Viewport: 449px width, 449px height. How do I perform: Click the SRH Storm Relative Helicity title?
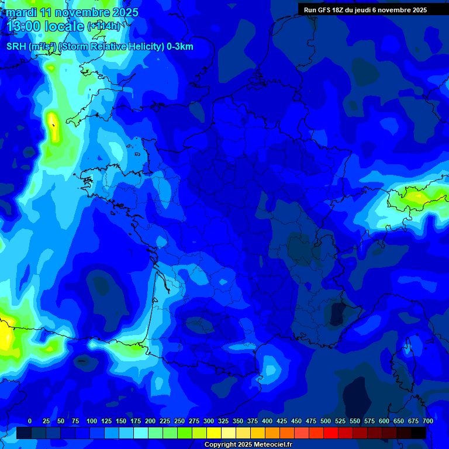pos(99,47)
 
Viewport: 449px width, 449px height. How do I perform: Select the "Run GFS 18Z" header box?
pos(365,9)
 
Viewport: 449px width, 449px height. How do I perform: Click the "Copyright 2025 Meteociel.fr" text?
pos(248,445)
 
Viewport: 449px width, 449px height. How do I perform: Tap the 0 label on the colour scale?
pos(29,421)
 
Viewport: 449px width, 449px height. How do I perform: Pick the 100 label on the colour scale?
pos(92,421)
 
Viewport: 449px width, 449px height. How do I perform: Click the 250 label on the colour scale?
pos(179,421)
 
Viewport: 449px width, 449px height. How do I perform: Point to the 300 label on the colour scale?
pos(209,421)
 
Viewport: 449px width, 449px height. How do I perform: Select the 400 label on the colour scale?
pos(267,421)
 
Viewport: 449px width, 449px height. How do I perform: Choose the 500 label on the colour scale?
pos(326,421)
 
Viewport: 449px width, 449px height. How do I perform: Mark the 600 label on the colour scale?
pos(384,421)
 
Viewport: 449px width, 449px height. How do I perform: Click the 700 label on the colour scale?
pos(427,421)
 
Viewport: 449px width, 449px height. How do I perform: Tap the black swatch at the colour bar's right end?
pos(419,433)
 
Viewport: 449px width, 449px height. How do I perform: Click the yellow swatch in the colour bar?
pos(214,433)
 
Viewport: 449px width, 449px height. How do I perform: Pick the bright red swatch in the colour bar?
pos(331,433)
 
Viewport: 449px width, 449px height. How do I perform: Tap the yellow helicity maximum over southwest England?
pos(53,126)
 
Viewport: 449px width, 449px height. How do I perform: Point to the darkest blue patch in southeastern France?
pos(337,314)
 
